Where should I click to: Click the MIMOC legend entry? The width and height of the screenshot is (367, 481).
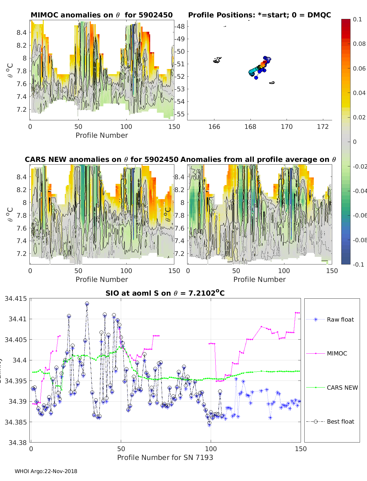(x=337, y=353)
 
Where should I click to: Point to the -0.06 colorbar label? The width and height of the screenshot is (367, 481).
(x=359, y=215)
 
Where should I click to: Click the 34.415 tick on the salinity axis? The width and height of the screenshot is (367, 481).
(x=16, y=298)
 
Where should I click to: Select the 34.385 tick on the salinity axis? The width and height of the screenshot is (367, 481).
(x=16, y=422)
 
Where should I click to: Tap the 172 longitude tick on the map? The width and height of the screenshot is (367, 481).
(x=323, y=126)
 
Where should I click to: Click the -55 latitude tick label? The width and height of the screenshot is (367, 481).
(x=180, y=114)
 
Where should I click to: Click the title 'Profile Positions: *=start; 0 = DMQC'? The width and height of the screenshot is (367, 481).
(x=259, y=15)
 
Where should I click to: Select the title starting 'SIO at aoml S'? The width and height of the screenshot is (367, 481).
(x=165, y=293)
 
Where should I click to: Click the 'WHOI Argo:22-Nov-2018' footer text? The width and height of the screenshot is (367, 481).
(x=46, y=471)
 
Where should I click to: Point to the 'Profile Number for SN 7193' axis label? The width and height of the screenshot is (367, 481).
(x=165, y=457)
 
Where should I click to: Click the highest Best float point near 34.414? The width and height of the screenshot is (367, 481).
(x=87, y=304)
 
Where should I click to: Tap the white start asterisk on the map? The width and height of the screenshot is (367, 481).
(x=268, y=58)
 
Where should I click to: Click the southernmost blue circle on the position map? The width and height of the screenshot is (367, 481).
(x=256, y=78)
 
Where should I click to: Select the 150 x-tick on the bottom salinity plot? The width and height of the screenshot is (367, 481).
(x=301, y=449)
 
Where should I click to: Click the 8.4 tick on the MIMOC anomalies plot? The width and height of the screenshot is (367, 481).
(x=21, y=32)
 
